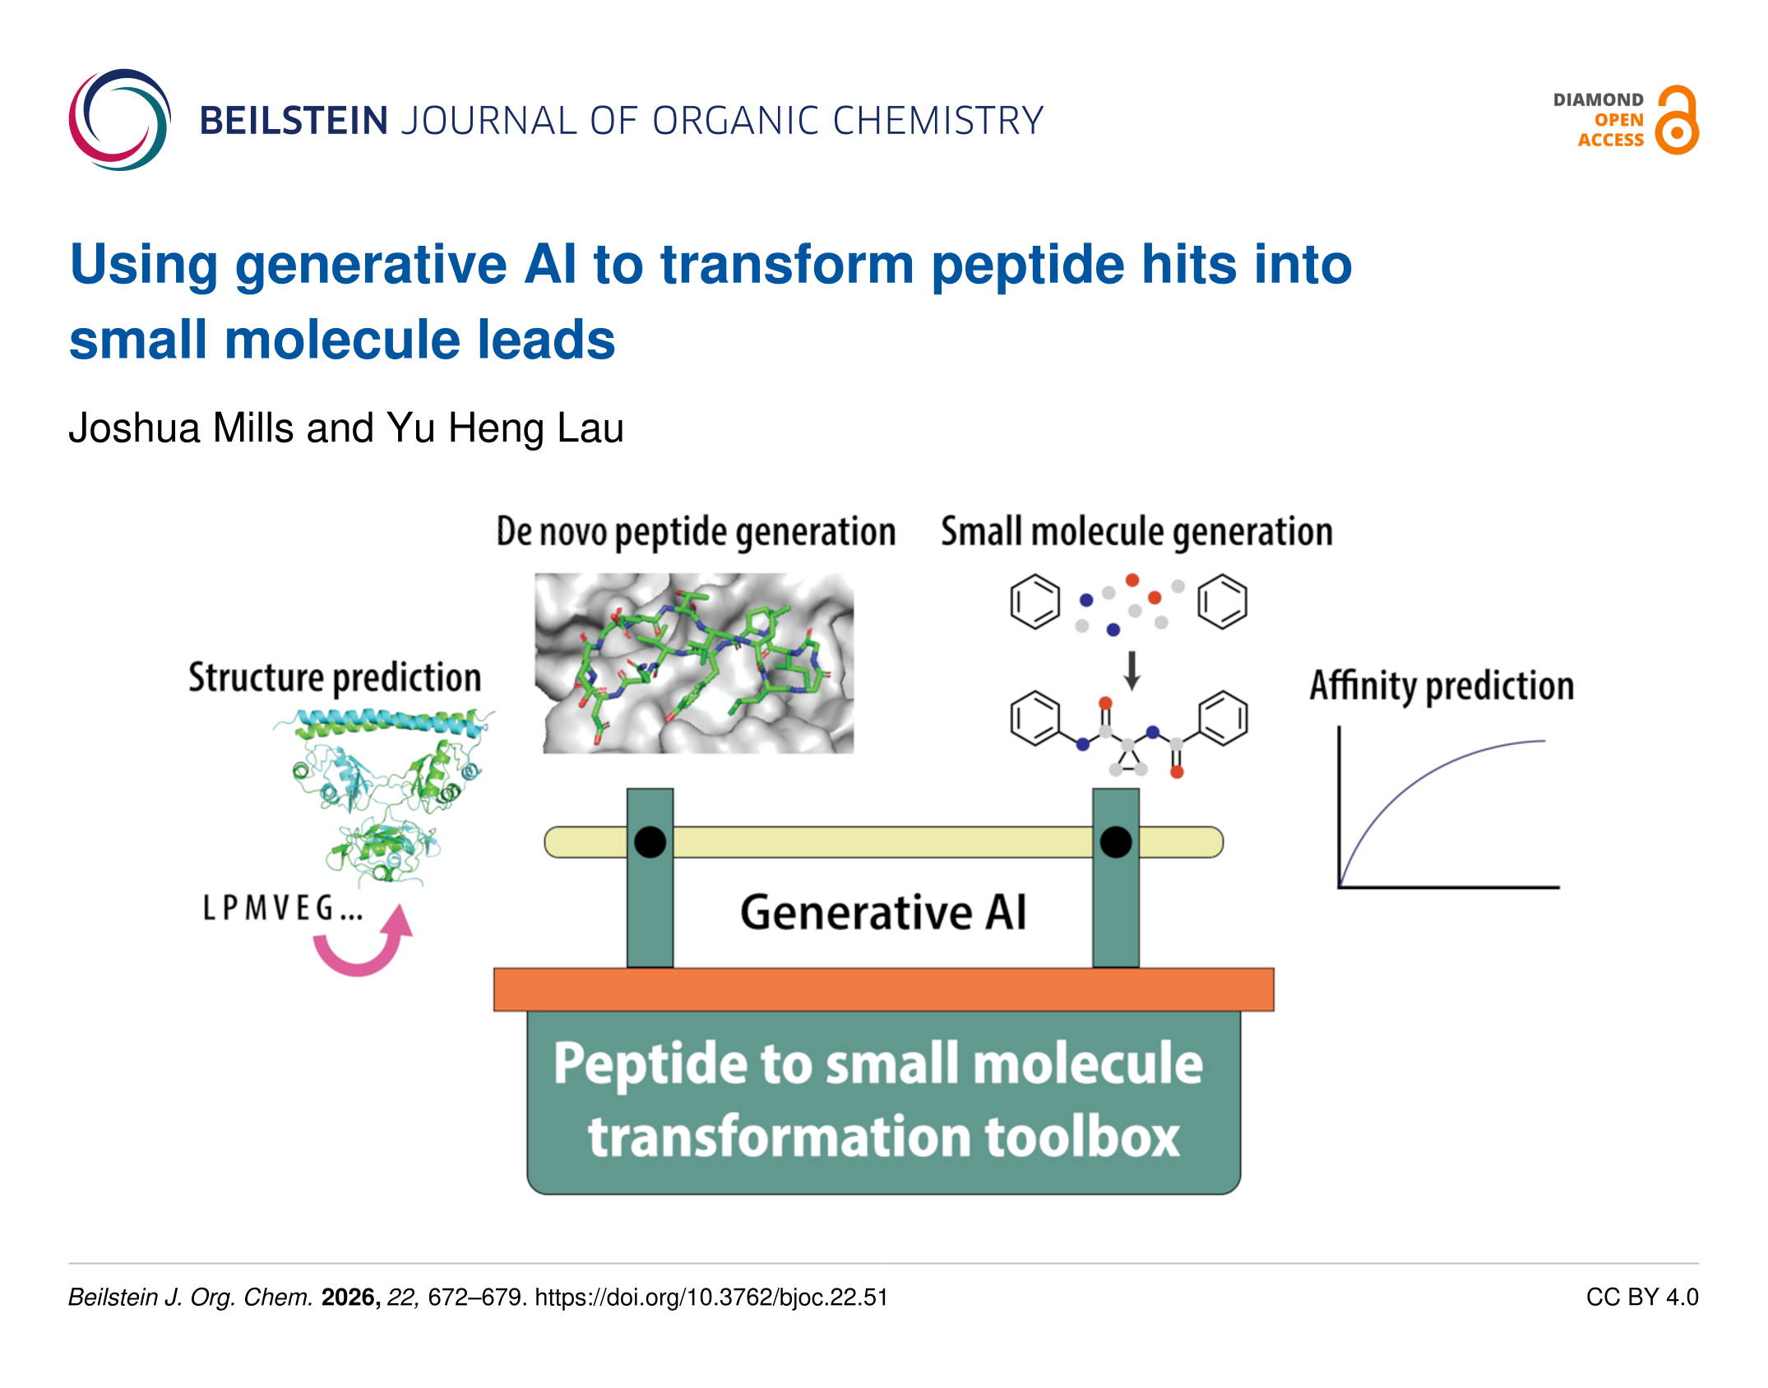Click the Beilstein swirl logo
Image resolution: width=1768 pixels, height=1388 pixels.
click(120, 120)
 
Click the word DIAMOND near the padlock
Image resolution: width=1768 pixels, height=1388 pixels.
click(1598, 100)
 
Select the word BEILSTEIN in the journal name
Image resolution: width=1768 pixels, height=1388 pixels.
click(294, 121)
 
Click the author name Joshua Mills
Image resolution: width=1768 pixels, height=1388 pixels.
click(181, 428)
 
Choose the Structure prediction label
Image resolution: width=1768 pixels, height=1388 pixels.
click(335, 678)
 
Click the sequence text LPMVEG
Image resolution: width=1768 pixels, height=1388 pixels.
click(283, 908)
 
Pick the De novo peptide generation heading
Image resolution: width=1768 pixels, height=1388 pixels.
click(696, 532)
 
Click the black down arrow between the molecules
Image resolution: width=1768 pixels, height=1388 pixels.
click(1132, 671)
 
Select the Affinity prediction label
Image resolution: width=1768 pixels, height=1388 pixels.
click(1442, 686)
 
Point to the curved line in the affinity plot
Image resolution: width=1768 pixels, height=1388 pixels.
click(1414, 781)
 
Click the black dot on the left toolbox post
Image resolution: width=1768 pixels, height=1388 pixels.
click(650, 842)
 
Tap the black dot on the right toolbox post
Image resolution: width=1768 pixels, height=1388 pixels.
click(1116, 842)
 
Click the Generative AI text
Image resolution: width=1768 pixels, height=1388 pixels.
click(884, 913)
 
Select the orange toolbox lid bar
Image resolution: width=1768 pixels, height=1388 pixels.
click(884, 989)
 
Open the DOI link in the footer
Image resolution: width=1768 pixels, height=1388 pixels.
click(711, 1298)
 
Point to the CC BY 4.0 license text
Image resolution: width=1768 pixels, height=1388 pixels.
click(1642, 1298)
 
